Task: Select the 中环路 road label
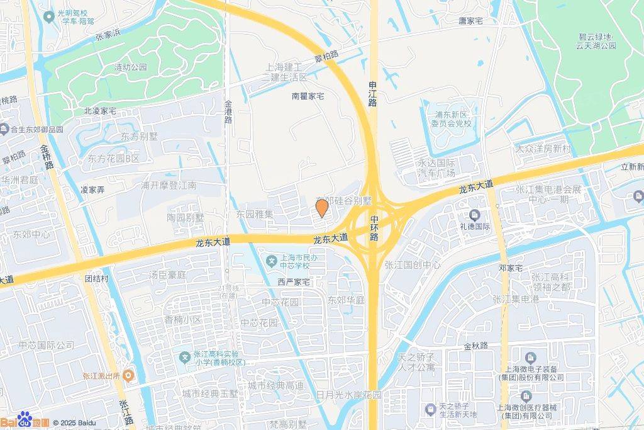374,228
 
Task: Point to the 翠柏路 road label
326,55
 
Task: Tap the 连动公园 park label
130,67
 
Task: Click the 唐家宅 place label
470,21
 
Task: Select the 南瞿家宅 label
308,96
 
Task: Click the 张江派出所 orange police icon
128,376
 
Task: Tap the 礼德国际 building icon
475,215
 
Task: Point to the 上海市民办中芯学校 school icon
271,259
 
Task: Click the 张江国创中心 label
413,265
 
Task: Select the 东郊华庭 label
346,300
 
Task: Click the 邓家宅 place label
511,268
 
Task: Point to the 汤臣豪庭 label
167,275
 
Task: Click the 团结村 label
97,278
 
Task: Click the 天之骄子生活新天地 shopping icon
431,409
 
